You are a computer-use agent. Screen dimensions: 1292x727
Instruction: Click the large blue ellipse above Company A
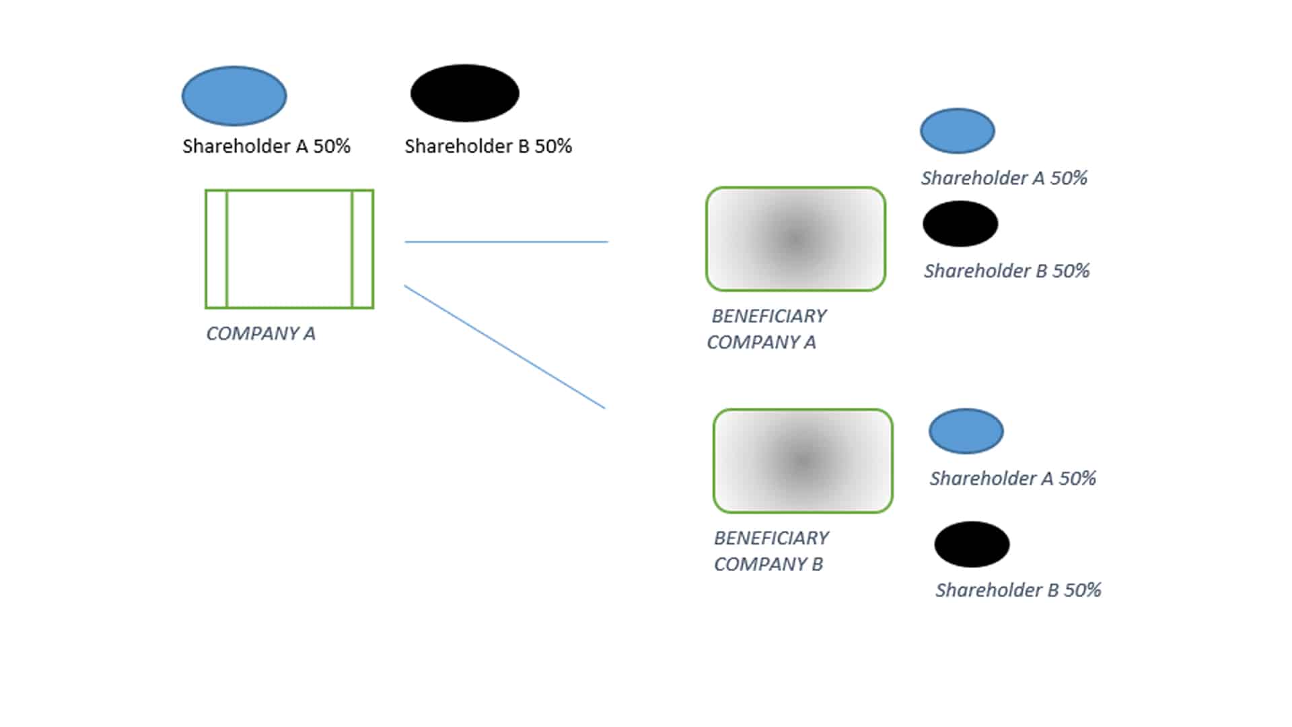pyautogui.click(x=234, y=96)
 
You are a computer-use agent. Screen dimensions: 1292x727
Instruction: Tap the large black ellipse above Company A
pyautogui.click(x=464, y=93)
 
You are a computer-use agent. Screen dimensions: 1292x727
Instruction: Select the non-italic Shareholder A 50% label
pyautogui.click(x=266, y=146)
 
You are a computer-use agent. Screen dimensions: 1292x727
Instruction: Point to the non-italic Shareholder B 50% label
pyautogui.click(x=489, y=146)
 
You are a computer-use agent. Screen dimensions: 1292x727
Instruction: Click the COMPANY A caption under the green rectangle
pyautogui.click(x=260, y=333)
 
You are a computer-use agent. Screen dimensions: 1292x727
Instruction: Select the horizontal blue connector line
pyautogui.click(x=506, y=242)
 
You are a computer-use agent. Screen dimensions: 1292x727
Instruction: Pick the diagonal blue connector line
pyautogui.click(x=505, y=347)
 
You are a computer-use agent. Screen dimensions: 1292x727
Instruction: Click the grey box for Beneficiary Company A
pyautogui.click(x=795, y=239)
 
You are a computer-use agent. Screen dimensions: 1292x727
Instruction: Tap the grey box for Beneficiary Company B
pyautogui.click(x=803, y=461)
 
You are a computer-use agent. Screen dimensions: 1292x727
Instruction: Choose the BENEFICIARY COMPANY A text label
pyautogui.click(x=767, y=329)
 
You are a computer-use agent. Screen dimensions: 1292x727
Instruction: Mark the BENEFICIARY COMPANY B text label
pyautogui.click(x=771, y=551)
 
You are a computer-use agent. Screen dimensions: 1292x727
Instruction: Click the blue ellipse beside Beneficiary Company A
pyautogui.click(x=958, y=131)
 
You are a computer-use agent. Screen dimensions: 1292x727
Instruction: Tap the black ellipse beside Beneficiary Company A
pyautogui.click(x=960, y=223)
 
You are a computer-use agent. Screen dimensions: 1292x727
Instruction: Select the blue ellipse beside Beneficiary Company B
pyautogui.click(x=966, y=431)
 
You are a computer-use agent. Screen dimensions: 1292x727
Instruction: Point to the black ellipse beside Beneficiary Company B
pyautogui.click(x=972, y=544)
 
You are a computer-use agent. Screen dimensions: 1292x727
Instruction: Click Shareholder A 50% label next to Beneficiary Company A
pyautogui.click(x=1004, y=178)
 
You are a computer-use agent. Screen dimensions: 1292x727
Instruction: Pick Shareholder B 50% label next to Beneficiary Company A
pyautogui.click(x=1007, y=271)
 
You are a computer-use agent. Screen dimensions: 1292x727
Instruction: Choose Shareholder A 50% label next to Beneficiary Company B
pyautogui.click(x=1013, y=478)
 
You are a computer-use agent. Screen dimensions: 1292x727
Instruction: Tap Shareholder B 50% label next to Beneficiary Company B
pyautogui.click(x=1018, y=590)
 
